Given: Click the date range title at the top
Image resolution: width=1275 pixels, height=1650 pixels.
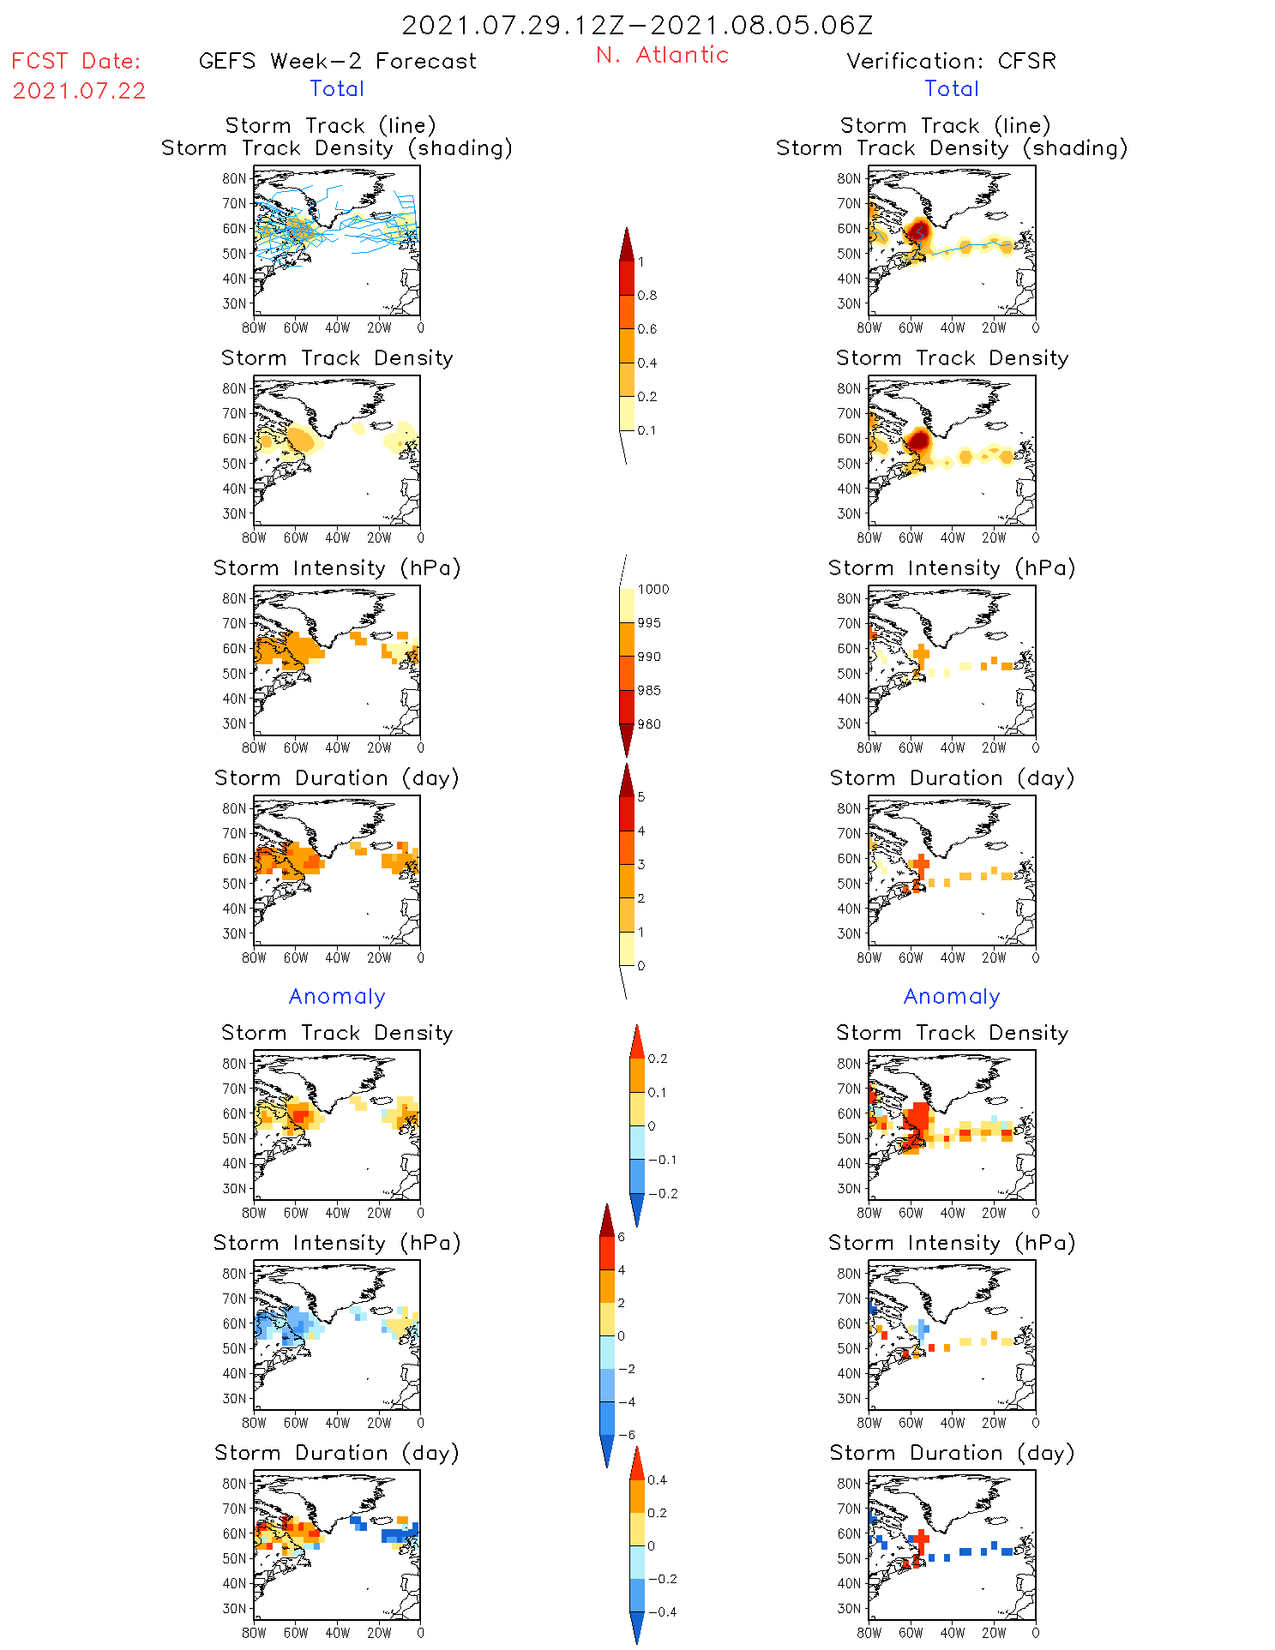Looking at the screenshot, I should [x=637, y=25].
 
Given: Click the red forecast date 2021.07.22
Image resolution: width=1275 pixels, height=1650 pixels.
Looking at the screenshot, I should [x=79, y=91].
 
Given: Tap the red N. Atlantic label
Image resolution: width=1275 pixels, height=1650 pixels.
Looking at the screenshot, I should [x=662, y=55].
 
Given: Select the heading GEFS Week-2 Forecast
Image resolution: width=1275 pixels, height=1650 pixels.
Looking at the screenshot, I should [x=337, y=61].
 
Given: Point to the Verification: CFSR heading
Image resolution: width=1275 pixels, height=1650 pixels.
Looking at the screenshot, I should [x=951, y=61].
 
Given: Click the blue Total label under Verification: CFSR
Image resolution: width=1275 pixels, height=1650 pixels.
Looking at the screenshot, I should [x=951, y=88].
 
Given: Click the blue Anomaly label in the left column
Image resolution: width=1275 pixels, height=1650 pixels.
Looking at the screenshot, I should [x=337, y=996].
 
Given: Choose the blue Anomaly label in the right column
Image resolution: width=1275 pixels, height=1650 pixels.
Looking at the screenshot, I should [x=952, y=996].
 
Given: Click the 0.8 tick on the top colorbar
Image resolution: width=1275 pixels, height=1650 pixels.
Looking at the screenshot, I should [x=647, y=296].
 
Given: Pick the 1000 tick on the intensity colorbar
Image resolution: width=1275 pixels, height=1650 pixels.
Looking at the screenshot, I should [x=653, y=590].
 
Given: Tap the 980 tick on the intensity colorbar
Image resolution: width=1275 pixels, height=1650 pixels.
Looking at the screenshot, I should [x=649, y=724].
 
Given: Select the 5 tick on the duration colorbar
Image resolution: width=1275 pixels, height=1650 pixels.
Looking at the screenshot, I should [x=641, y=797].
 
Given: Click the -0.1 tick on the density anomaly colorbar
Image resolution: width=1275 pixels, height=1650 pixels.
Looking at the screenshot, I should [x=662, y=1160].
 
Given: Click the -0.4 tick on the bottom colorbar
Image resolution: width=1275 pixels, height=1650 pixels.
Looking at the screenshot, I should [x=662, y=1611].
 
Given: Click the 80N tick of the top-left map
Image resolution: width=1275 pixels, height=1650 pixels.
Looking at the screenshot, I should [x=233, y=178].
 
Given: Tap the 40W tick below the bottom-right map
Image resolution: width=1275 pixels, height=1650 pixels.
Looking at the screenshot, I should [x=952, y=1633].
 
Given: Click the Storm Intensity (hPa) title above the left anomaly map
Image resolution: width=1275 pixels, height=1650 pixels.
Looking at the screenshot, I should [x=337, y=1243].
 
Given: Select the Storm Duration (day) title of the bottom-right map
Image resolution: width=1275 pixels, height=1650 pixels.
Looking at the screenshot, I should [x=952, y=1453].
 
